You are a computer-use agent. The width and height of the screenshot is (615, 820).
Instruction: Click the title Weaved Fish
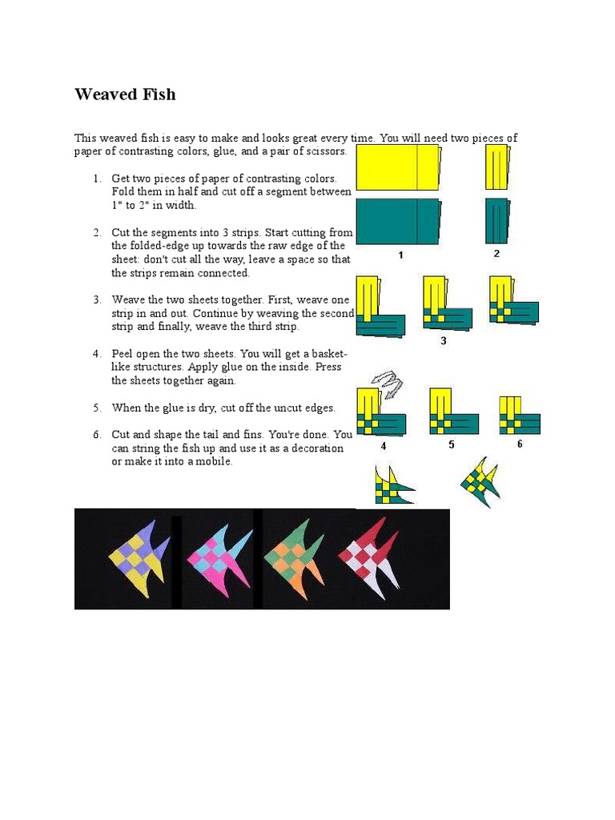tap(125, 94)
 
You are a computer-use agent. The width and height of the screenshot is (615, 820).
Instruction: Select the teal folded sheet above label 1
tap(398, 222)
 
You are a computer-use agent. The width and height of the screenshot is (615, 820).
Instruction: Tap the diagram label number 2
tap(496, 254)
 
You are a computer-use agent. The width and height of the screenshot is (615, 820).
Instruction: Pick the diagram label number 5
tap(452, 444)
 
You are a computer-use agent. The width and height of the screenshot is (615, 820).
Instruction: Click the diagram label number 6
tap(520, 444)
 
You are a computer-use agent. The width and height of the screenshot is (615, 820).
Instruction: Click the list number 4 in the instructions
tap(96, 354)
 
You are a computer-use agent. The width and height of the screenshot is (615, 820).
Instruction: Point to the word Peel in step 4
tap(124, 354)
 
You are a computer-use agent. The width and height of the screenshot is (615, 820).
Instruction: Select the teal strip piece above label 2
tap(496, 220)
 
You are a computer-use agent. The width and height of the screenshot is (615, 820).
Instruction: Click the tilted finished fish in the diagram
tap(480, 481)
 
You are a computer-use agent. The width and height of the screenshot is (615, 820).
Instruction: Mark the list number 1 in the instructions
tap(96, 179)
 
